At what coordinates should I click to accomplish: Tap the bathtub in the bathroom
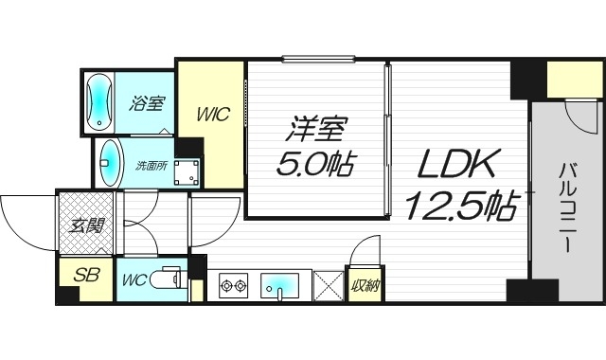pos(99,102)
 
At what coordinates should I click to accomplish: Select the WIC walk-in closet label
pos(213,115)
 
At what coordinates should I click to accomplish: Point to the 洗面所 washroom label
pos(148,167)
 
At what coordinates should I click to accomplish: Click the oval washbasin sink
pos(110,163)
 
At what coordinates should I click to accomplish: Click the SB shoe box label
pos(86,277)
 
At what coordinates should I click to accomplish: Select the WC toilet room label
pos(133,280)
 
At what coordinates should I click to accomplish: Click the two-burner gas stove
pos(233,284)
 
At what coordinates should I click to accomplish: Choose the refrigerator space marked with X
pos(329,285)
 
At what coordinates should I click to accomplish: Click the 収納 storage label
pos(364,285)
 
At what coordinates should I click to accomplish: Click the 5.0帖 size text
pos(315,165)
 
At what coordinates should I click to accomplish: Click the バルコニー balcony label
pos(570,204)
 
